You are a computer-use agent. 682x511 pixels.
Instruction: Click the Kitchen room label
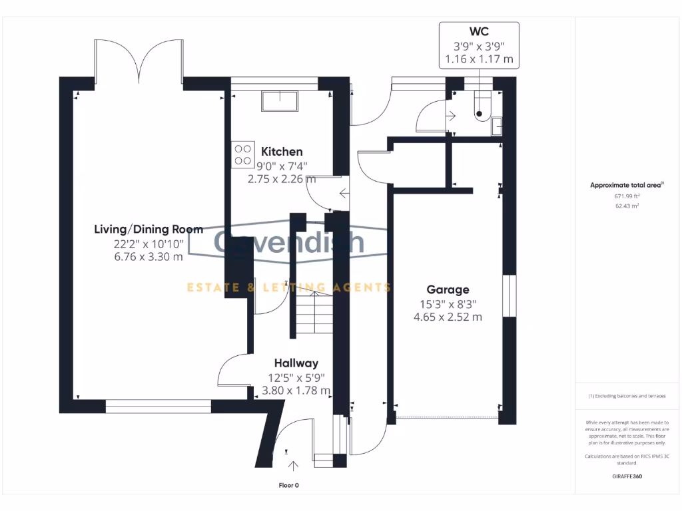pyautogui.click(x=282, y=152)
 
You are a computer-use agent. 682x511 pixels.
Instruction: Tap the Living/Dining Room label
pyautogui.click(x=148, y=230)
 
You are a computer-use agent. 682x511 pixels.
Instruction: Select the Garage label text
pyautogui.click(x=448, y=289)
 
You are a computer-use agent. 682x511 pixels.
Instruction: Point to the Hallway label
pyautogui.click(x=296, y=363)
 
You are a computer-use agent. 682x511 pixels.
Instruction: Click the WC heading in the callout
pyautogui.click(x=479, y=32)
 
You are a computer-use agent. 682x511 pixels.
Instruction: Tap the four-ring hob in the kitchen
pyautogui.click(x=242, y=154)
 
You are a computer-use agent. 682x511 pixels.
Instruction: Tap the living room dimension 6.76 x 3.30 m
pyautogui.click(x=149, y=257)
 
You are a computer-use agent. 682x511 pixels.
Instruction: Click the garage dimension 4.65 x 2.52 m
pyautogui.click(x=448, y=317)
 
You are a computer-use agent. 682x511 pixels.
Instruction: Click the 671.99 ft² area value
pyautogui.click(x=627, y=196)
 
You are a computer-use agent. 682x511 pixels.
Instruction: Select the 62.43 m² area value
pyautogui.click(x=627, y=206)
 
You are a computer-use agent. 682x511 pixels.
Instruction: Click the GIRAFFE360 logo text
pyautogui.click(x=627, y=476)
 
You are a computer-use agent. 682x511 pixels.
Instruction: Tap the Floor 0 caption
pyautogui.click(x=288, y=485)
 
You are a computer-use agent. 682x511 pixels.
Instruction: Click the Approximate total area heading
pyautogui.click(x=627, y=186)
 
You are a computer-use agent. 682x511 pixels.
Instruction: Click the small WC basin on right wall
pyautogui.click(x=497, y=125)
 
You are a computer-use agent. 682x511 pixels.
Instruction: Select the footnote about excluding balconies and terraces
pyautogui.click(x=627, y=396)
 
